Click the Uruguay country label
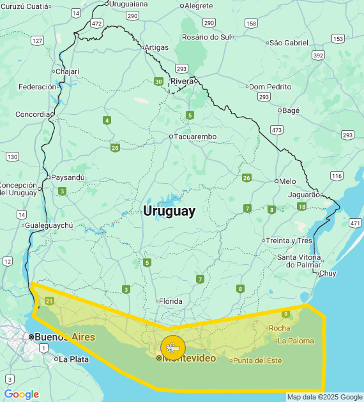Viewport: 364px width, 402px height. pyautogui.click(x=169, y=211)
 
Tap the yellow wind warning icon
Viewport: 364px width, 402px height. pyautogui.click(x=173, y=348)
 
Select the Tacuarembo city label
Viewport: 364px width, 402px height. pyautogui.click(x=196, y=137)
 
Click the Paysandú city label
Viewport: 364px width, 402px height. pyautogui.click(x=68, y=177)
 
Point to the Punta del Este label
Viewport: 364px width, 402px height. pyautogui.click(x=257, y=361)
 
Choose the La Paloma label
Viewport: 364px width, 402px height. pyautogui.click(x=296, y=341)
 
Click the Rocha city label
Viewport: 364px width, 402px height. pyautogui.click(x=279, y=328)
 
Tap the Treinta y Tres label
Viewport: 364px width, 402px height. pyautogui.click(x=289, y=241)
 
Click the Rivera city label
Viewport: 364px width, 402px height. pyautogui.click(x=182, y=81)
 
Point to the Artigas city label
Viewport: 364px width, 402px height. pyautogui.click(x=156, y=47)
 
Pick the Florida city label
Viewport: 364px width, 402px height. pyautogui.click(x=171, y=301)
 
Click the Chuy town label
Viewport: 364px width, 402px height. pyautogui.click(x=327, y=273)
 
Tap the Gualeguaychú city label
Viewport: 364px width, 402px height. pyautogui.click(x=49, y=225)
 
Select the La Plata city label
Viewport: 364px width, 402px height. pyautogui.click(x=73, y=359)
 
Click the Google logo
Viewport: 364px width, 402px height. pyautogui.click(x=22, y=394)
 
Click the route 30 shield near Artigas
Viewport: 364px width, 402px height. pyautogui.click(x=158, y=81)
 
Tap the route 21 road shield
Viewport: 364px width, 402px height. pyautogui.click(x=50, y=301)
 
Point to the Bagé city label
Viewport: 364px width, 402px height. pyautogui.click(x=291, y=110)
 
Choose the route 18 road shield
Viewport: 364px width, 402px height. pyautogui.click(x=301, y=206)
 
